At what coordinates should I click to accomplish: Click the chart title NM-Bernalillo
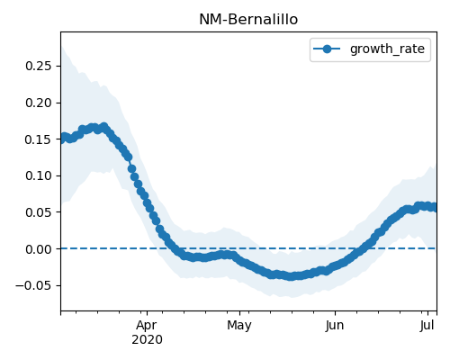248,20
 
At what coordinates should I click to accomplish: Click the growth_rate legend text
387,49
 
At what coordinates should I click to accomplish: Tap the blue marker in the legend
327,49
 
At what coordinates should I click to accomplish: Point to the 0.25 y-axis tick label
39,66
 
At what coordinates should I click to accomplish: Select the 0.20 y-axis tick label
39,103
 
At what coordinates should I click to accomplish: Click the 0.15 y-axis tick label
39,139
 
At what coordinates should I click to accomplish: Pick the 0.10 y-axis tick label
39,175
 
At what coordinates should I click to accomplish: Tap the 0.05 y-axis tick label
39,212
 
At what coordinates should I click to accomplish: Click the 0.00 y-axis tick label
39,249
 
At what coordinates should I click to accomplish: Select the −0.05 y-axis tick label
34,285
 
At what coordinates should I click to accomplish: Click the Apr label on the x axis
147,326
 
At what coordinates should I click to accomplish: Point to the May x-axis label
239,326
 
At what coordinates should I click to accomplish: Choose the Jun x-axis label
335,326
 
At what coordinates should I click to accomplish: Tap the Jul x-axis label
427,326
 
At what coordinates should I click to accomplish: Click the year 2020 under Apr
147,340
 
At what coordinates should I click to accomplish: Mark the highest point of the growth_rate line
104,127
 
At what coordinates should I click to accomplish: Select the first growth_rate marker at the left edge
61,139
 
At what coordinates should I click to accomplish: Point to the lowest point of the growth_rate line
291,276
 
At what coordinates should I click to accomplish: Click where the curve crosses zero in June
360,248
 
